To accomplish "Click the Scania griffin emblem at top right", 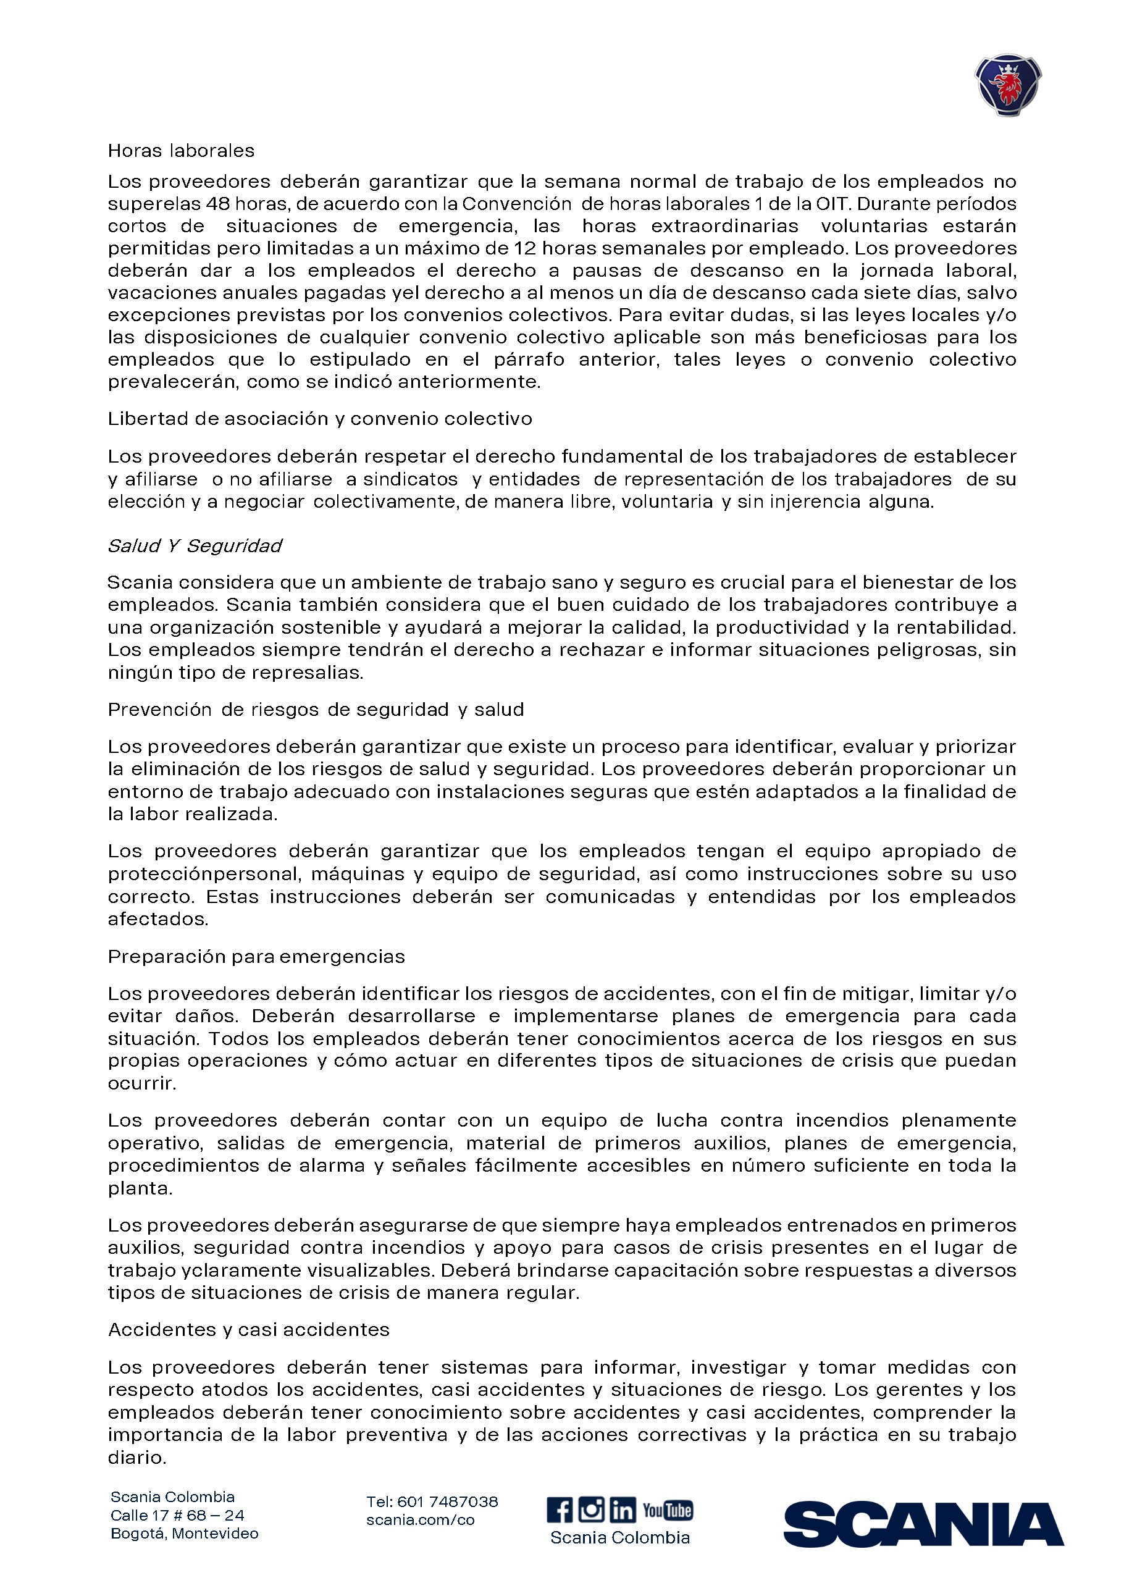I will pyautogui.click(x=1008, y=85).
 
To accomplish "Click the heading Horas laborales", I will pyautogui.click(x=182, y=151).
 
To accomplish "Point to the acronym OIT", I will pyautogui.click(x=831, y=204).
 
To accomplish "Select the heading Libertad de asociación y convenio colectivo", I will pyautogui.click(x=320, y=419).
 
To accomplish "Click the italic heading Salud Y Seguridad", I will pyautogui.click(x=195, y=546).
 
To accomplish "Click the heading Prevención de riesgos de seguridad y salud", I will pyautogui.click(x=316, y=710).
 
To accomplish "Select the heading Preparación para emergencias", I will pyautogui.click(x=256, y=957).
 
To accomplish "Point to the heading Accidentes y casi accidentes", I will pyautogui.click(x=248, y=1330).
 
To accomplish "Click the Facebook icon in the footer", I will pyautogui.click(x=560, y=1509).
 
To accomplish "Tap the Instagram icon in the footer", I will pyautogui.click(x=591, y=1509).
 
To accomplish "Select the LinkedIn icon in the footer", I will pyautogui.click(x=623, y=1509).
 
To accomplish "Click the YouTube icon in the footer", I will pyautogui.click(x=667, y=1510).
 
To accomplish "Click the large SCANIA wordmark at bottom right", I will pyautogui.click(x=923, y=1524).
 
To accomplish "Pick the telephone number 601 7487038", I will pyautogui.click(x=447, y=1502).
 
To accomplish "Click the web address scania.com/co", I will pyautogui.click(x=420, y=1520).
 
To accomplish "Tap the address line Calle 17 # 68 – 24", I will pyautogui.click(x=177, y=1515).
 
